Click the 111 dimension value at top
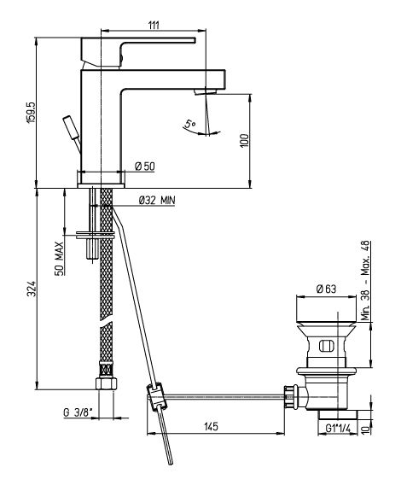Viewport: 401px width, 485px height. [154, 25]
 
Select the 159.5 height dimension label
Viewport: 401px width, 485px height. [32, 113]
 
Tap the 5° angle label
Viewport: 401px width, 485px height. [189, 124]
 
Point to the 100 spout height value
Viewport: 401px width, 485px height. [244, 141]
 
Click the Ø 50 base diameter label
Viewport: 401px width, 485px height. [145, 167]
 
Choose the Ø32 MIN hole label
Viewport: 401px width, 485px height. [157, 200]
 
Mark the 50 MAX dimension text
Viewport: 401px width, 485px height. [60, 259]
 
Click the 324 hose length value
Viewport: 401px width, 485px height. [32, 289]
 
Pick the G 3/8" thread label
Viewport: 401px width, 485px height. [78, 412]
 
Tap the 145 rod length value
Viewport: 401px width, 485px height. [212, 426]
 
